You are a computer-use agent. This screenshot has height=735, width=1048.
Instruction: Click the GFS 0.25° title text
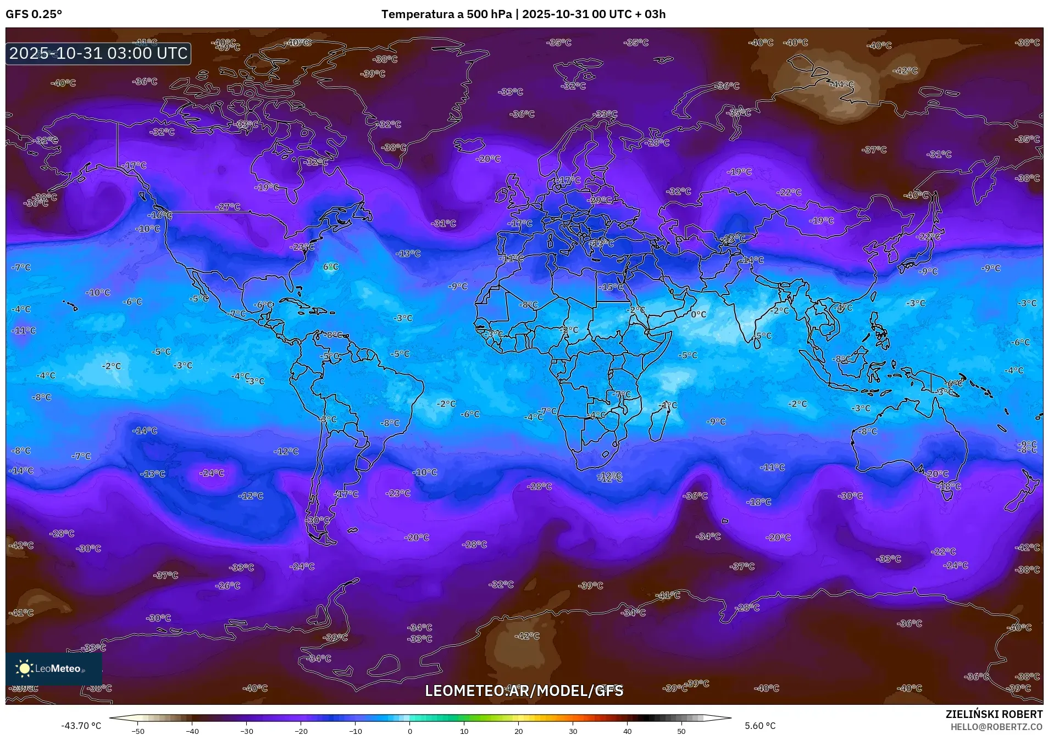34,14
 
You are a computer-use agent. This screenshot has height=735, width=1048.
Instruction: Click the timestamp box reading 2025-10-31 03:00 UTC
98,53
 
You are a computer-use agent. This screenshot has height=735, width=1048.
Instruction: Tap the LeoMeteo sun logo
24,668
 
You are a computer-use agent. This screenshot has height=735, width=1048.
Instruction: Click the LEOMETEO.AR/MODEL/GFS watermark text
524,691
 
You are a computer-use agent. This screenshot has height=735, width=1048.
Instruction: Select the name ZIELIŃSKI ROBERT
994,714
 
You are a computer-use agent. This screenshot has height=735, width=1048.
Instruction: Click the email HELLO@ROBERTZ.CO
996,727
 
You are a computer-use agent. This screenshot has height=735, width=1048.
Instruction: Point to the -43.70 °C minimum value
81,726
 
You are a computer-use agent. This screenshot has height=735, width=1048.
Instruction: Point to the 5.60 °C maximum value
760,726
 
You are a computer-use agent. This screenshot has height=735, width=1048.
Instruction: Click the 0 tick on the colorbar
409,731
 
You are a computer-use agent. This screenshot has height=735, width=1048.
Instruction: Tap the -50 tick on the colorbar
138,731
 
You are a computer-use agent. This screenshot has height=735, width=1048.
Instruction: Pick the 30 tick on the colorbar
573,731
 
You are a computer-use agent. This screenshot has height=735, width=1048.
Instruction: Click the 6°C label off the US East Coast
331,267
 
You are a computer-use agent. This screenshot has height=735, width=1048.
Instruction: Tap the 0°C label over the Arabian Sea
698,314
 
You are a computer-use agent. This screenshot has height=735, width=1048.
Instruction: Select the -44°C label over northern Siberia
842,85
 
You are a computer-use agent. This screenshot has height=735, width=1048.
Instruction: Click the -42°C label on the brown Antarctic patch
526,636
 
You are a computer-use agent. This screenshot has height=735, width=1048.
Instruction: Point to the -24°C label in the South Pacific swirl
212,473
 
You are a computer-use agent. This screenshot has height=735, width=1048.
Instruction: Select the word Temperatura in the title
417,14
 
